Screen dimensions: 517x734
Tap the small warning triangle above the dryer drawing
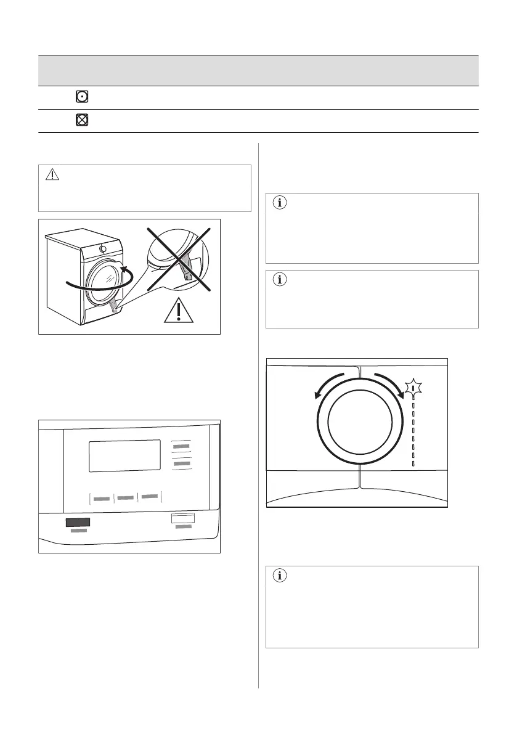[52, 176]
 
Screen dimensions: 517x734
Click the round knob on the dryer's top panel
[103, 249]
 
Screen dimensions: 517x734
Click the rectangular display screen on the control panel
[125, 456]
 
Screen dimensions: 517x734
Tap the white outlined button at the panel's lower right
[182, 519]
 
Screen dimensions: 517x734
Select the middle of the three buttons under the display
[126, 497]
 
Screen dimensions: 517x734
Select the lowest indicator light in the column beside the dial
[413, 463]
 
